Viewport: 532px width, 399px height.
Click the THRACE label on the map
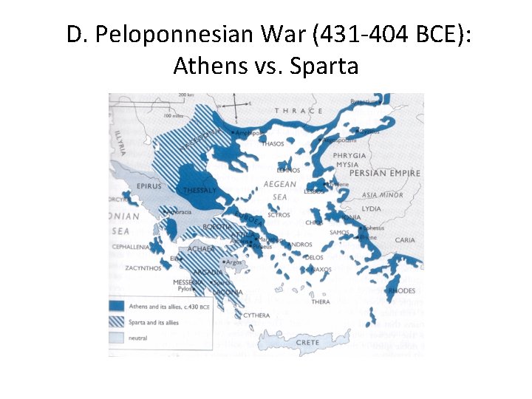[299, 111]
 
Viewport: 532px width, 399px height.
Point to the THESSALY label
[199, 190]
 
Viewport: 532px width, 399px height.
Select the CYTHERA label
[256, 316]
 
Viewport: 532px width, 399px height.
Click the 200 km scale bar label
[185, 95]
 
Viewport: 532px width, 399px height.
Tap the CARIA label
[405, 240]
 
